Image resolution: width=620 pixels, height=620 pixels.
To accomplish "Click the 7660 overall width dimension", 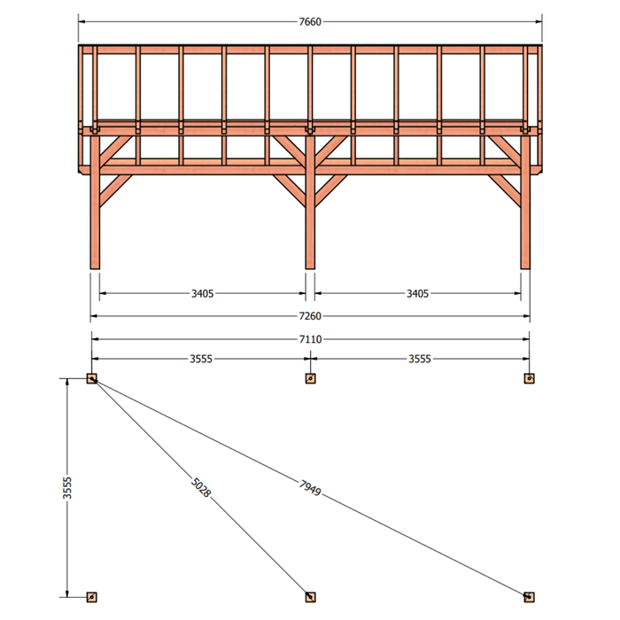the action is (x=310, y=22).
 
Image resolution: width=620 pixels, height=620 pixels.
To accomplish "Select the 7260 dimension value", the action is (x=310, y=316).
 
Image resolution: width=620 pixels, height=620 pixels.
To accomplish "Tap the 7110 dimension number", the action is (x=310, y=339).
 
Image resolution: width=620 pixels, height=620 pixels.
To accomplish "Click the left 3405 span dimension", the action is (x=203, y=293).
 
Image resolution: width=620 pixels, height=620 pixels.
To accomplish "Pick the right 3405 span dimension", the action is (x=417, y=293).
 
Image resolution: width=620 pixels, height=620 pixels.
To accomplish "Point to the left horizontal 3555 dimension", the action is (x=201, y=359).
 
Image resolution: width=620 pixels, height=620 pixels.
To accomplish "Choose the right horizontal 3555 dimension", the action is (x=420, y=359).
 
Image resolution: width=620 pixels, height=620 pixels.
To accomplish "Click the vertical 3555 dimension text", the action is (x=67, y=488).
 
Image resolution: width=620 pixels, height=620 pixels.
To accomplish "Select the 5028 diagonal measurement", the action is (x=201, y=487).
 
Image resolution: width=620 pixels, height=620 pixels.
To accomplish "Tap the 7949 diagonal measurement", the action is (x=310, y=487).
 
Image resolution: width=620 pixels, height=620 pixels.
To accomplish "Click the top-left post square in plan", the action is (x=92, y=378).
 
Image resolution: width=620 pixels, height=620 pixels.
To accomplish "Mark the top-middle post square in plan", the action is (x=310, y=378).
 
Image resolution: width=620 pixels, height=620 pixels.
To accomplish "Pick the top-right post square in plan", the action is (x=529, y=378).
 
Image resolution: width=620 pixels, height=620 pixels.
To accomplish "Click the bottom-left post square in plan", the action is (x=92, y=597).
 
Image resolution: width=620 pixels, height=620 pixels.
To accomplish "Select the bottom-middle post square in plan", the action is (x=310, y=597).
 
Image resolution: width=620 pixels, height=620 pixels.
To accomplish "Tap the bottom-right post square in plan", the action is (x=529, y=597).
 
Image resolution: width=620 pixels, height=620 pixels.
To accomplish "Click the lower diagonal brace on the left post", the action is (x=115, y=190).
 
